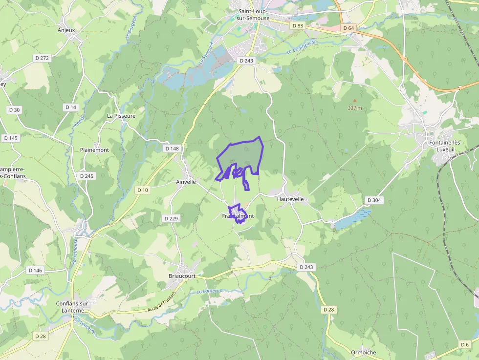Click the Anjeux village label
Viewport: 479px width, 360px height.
click(x=66, y=30)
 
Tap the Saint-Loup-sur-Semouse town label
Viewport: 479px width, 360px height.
click(x=253, y=15)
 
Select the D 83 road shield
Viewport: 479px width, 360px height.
click(x=297, y=25)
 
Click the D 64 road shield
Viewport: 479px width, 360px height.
click(x=348, y=28)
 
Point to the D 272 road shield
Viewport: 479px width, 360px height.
click(x=42, y=58)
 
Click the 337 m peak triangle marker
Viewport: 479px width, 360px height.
click(x=355, y=100)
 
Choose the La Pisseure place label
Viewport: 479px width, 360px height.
click(x=121, y=116)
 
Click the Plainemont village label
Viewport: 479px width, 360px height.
click(x=94, y=150)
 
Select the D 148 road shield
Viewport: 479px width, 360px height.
click(x=172, y=148)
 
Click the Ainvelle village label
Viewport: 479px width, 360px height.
click(x=185, y=182)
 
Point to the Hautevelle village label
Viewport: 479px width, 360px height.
click(x=290, y=199)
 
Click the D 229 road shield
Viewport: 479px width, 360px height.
click(x=171, y=218)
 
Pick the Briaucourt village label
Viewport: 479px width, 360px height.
click(x=182, y=276)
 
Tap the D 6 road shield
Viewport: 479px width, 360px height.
click(x=464, y=345)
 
